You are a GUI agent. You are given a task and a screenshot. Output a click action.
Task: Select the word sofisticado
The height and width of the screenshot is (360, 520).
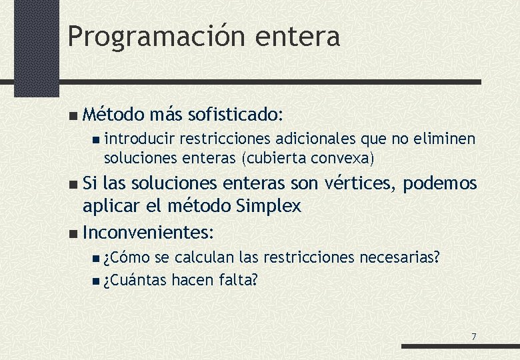[227, 115]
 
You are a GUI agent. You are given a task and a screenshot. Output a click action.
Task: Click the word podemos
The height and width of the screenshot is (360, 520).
[441, 183]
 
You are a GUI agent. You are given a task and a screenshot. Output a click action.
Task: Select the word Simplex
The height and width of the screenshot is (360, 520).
[269, 206]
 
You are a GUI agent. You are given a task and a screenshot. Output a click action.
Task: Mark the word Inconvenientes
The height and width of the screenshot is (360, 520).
[147, 233]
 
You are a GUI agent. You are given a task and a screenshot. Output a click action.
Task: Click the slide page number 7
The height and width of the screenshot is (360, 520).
[473, 337]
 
